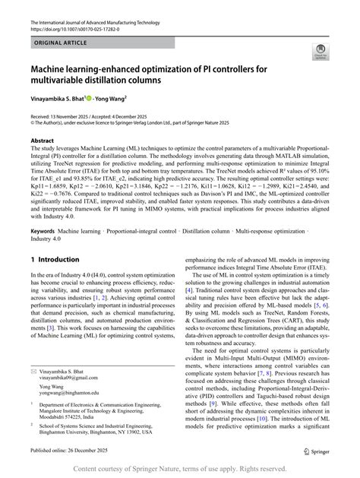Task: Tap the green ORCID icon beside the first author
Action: tap(90, 97)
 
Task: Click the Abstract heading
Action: tap(42, 141)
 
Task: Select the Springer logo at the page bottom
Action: tap(311, 451)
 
